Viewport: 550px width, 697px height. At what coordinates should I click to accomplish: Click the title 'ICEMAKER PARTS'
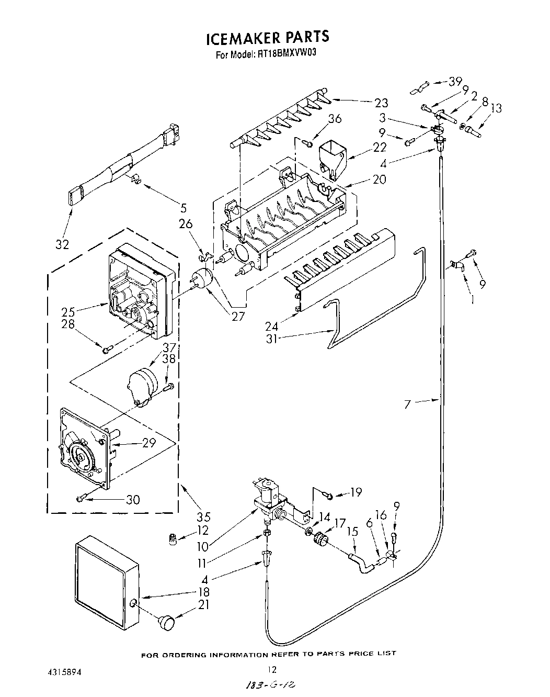[267, 38]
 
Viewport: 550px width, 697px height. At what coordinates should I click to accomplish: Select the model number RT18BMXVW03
[287, 53]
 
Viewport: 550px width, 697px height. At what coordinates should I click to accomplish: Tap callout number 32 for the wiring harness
[62, 244]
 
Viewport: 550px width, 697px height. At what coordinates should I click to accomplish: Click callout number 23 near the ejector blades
[381, 103]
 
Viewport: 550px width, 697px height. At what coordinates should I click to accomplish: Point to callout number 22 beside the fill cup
[380, 148]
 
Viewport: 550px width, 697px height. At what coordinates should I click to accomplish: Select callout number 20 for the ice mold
[379, 179]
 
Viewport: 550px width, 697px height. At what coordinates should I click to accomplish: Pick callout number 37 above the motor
[169, 347]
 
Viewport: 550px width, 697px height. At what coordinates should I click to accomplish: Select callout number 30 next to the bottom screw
[133, 500]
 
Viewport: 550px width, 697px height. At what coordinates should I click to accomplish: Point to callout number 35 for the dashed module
[203, 518]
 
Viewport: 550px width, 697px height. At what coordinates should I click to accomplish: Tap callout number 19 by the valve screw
[356, 492]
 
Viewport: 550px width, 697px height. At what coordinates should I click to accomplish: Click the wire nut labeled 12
[172, 538]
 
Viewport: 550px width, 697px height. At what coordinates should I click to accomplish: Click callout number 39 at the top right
[455, 81]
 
